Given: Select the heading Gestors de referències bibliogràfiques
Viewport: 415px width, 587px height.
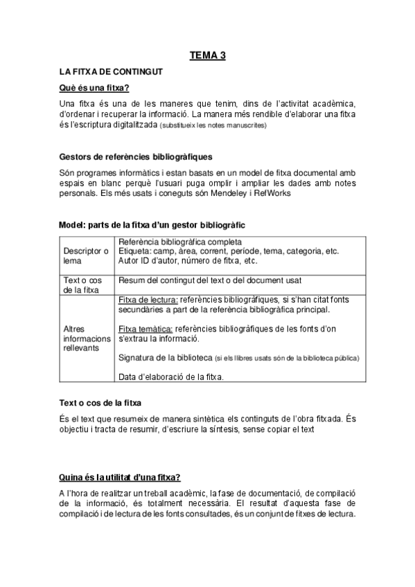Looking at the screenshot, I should tap(136, 156).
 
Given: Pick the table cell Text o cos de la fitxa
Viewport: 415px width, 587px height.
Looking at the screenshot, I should tap(82, 285).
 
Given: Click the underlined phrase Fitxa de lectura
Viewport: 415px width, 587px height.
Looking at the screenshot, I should tap(148, 300).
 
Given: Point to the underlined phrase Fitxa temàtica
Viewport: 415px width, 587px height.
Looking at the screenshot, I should tap(146, 328).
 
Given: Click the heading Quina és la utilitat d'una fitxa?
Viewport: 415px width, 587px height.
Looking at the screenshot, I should tap(121, 478).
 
